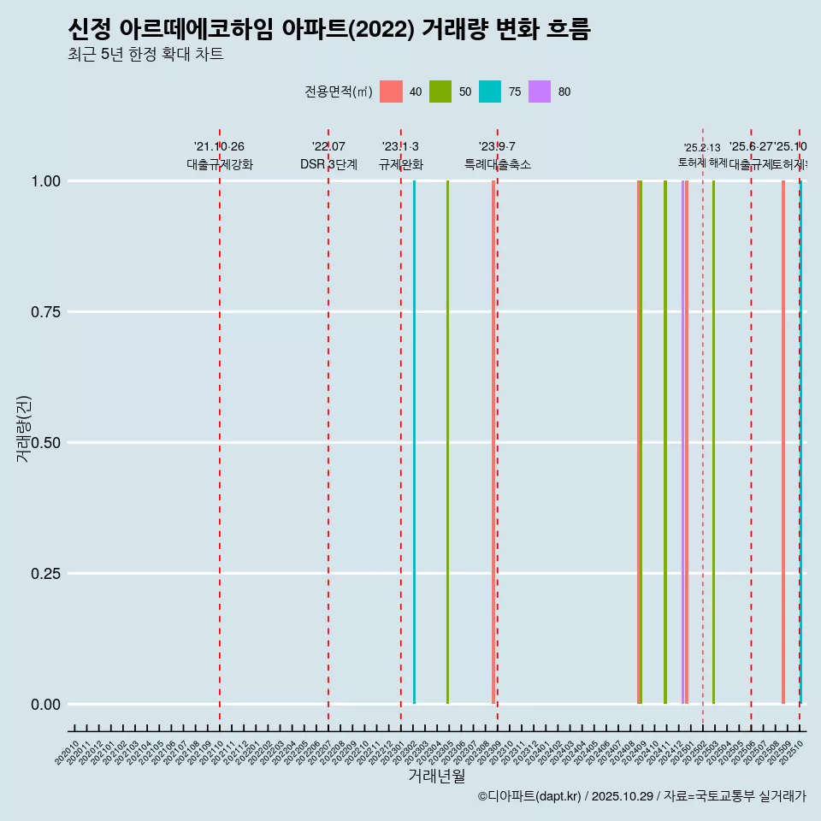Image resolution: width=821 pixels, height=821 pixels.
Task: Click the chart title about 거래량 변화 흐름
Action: [x=328, y=30]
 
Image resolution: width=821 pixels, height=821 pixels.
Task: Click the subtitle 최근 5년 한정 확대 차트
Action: [x=145, y=56]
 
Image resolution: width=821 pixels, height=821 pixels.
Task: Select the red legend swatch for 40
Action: [x=391, y=92]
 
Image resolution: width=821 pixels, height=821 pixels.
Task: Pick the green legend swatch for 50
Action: [x=440, y=92]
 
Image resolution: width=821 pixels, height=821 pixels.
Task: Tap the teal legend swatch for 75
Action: [x=490, y=92]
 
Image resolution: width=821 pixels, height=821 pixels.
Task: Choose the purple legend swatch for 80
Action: [x=540, y=92]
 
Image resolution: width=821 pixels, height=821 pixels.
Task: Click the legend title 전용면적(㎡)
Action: [x=339, y=92]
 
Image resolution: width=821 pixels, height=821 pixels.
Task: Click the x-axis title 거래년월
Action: [x=436, y=776]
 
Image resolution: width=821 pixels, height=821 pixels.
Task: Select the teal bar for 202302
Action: [x=415, y=442]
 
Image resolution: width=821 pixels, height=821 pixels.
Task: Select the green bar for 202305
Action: [x=447, y=442]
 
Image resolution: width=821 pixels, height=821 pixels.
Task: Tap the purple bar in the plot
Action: [x=682, y=442]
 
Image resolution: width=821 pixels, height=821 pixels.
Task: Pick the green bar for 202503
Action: [x=713, y=442]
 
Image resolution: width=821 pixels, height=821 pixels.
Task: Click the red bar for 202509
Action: [x=783, y=442]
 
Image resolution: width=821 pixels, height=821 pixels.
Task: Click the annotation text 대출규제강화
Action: [x=220, y=164]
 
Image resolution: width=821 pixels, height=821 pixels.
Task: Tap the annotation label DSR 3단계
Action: [x=328, y=164]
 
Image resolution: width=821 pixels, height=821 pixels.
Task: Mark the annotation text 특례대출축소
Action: [x=498, y=164]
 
